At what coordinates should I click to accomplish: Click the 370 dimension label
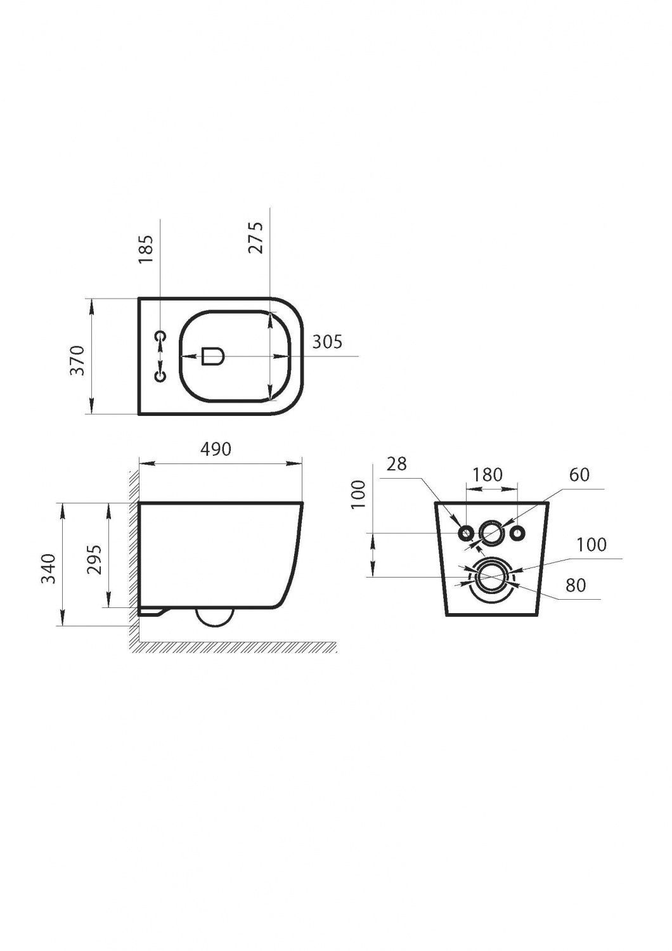78,360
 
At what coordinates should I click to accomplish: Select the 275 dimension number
256,238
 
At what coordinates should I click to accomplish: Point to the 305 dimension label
327,341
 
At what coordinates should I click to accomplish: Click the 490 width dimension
216,449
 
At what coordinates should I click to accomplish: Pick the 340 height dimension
49,569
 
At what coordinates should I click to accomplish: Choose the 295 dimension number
94,559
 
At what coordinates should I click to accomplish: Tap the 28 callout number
396,463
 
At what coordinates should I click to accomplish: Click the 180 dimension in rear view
487,474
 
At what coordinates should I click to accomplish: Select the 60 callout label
579,474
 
